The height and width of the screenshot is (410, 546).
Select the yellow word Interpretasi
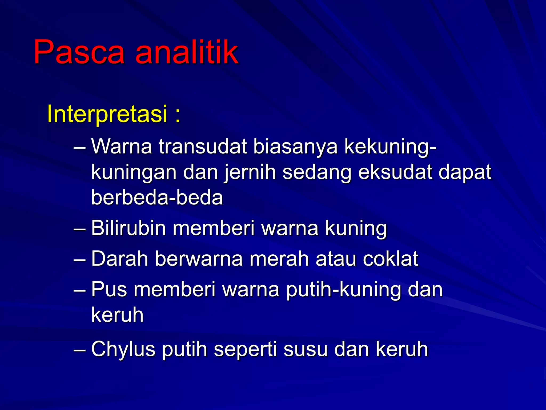coord(107,114)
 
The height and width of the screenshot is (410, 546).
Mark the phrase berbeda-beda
coord(157,198)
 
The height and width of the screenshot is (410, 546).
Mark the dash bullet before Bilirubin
coord(79,229)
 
